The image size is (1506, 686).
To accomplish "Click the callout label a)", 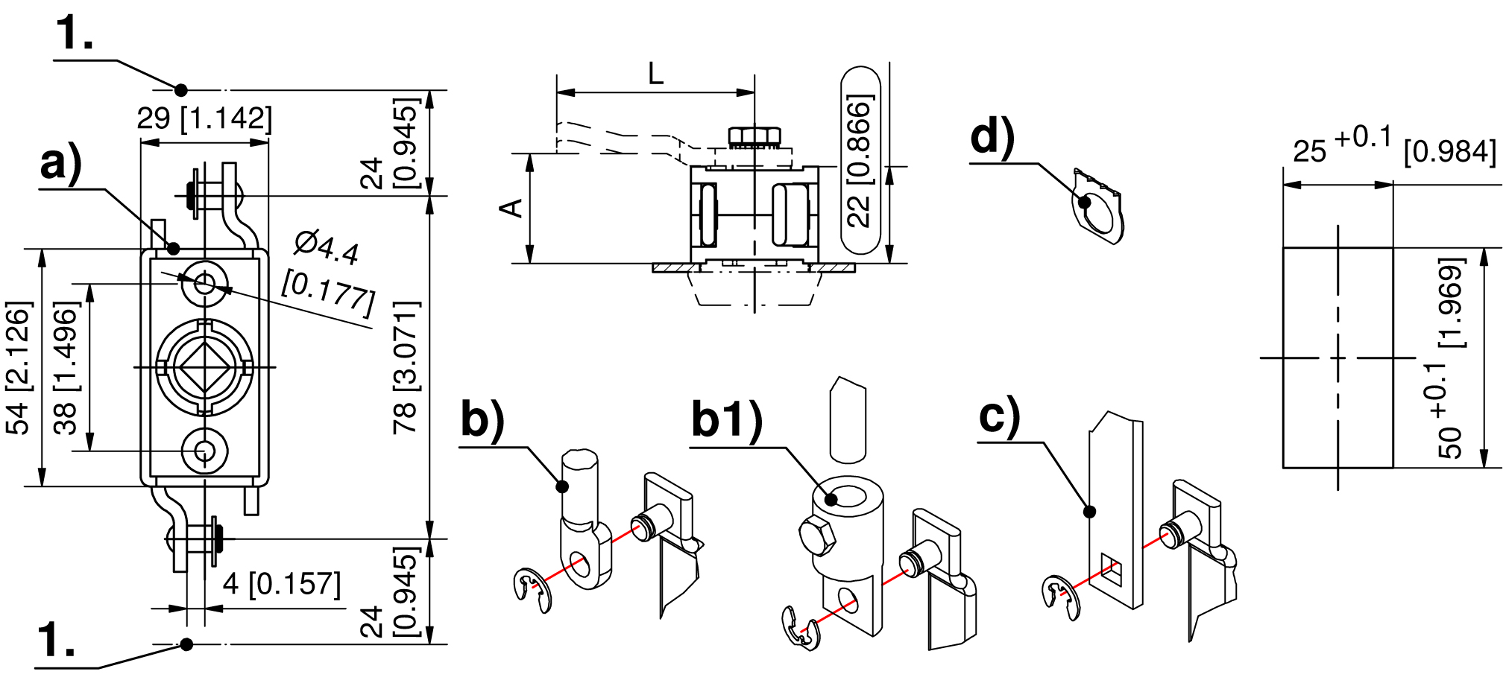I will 61,164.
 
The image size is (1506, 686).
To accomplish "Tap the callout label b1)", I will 727,419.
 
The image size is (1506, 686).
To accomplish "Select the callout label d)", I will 992,138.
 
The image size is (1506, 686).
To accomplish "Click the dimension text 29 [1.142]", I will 204,118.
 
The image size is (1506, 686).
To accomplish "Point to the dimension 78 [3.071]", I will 406,367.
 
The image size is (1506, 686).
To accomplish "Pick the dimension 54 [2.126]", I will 19,367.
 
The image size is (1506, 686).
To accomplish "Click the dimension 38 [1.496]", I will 66,367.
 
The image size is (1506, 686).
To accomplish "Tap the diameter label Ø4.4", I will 327,248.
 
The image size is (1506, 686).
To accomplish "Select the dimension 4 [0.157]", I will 282,584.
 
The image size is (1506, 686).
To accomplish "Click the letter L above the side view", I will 655,74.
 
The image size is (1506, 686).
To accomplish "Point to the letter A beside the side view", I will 512,208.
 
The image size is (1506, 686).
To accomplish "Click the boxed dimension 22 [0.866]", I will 860,160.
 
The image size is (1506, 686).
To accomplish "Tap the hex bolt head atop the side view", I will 754,137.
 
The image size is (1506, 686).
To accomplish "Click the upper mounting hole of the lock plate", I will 204,283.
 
